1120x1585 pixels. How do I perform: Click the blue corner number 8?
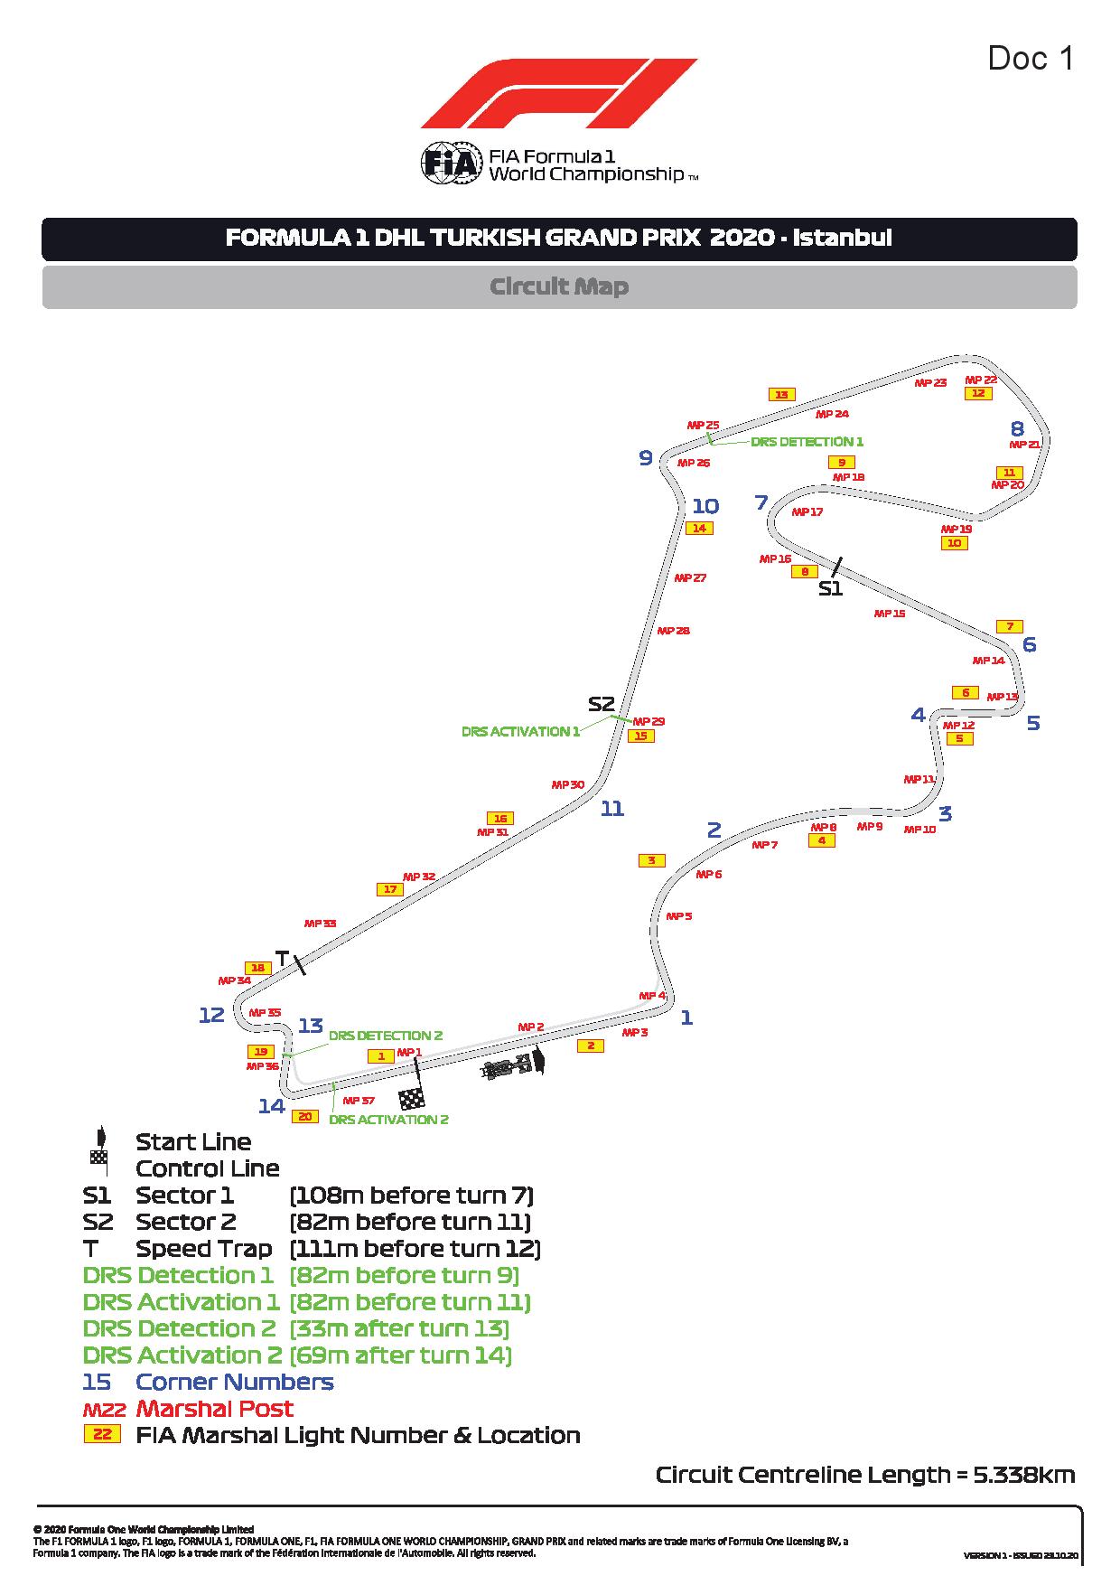coord(1017,429)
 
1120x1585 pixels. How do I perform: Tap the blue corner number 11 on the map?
coord(612,809)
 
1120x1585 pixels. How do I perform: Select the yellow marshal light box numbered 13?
coord(781,394)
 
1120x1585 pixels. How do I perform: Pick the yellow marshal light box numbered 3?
coord(651,860)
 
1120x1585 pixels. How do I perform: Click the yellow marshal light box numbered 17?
coord(390,889)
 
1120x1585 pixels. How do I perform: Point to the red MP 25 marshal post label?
coord(703,425)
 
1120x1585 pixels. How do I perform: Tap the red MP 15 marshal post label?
coord(889,614)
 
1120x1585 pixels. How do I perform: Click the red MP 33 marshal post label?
coord(320,924)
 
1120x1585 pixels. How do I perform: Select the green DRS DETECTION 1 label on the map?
coord(807,442)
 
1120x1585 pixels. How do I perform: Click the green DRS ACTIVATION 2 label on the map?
coord(388,1120)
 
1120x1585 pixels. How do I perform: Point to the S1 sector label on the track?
coord(830,588)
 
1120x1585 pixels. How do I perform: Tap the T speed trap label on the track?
coord(281,958)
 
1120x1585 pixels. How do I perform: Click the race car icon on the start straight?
coord(509,1067)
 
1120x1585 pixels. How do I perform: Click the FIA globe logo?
coord(443,164)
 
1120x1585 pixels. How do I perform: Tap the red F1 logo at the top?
coord(559,93)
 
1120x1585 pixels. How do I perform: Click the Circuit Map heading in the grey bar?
coord(559,286)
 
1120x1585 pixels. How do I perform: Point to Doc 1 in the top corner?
coord(1031,59)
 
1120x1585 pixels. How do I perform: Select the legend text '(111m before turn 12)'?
coord(415,1249)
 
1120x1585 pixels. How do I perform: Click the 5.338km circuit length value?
coord(1023,1475)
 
